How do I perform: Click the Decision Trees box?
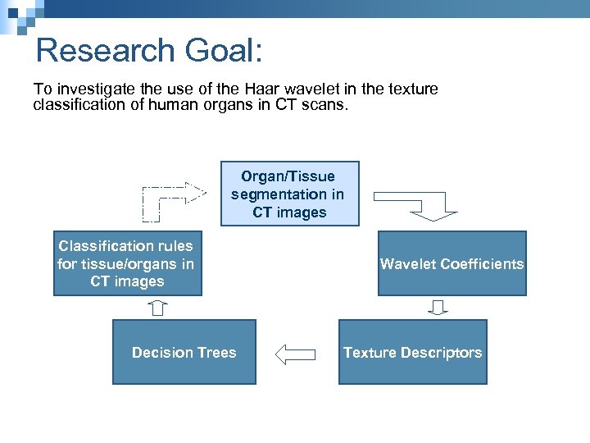(184, 353)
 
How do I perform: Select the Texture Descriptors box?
(412, 353)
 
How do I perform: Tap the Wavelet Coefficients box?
(452, 264)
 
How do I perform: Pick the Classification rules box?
(126, 263)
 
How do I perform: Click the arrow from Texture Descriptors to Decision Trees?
(296, 354)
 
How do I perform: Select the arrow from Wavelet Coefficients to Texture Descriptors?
(438, 308)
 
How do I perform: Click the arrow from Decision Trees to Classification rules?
(158, 308)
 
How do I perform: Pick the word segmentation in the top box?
(276, 194)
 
